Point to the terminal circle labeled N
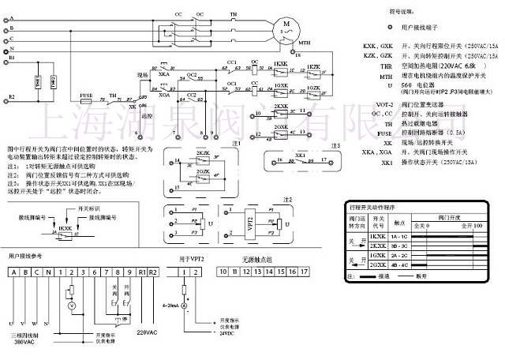point(10,49)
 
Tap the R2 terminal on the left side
point(10,97)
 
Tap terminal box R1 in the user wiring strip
point(141,272)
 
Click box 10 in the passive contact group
point(224,272)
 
